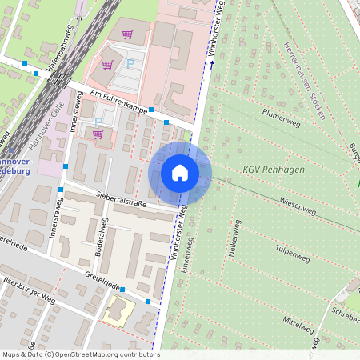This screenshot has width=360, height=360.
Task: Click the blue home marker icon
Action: click(x=180, y=173)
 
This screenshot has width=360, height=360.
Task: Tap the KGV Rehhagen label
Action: click(x=274, y=170)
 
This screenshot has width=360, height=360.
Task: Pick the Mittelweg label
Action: click(x=297, y=322)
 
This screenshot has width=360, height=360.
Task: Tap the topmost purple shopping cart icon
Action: click(x=127, y=35)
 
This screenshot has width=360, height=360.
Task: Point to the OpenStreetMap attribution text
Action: click(x=70, y=354)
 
